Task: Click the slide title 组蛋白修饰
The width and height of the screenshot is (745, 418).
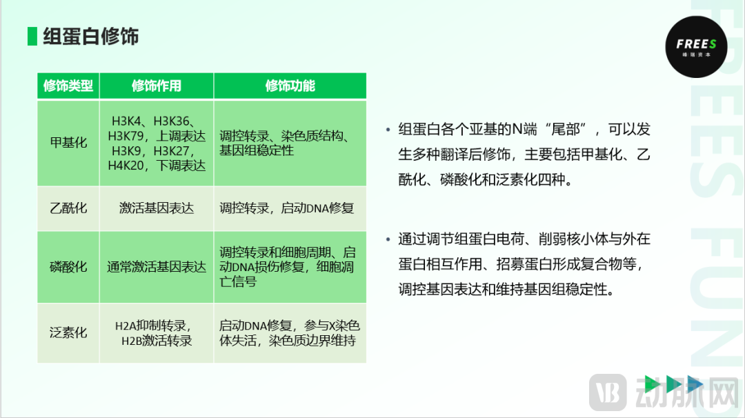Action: coord(91,37)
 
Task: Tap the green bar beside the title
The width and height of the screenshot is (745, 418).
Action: coord(32,37)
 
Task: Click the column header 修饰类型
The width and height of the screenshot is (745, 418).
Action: coord(68,86)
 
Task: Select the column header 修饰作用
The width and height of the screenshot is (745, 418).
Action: coord(157,86)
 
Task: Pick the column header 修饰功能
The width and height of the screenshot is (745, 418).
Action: coord(290,86)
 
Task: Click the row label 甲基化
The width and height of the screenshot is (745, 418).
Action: coord(68,143)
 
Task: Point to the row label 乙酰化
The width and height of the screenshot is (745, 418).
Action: coord(68,208)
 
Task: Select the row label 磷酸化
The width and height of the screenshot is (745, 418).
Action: coord(68,267)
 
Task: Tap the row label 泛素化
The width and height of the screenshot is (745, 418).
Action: coord(68,332)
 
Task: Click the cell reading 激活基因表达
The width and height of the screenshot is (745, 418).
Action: coord(157,208)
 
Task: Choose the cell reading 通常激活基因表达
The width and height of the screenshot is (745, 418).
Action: coord(157,267)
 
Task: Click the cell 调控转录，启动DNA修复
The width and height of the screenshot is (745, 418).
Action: coord(286,208)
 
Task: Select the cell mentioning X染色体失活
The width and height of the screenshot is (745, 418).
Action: coord(289,333)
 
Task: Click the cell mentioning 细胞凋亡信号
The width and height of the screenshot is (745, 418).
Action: coord(287,267)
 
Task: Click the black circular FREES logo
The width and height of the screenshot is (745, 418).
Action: coord(696,47)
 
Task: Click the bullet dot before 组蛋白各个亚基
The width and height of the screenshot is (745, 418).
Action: coord(388,129)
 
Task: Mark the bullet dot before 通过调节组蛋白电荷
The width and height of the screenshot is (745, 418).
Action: coord(388,239)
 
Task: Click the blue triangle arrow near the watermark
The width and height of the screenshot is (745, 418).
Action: coord(695,384)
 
